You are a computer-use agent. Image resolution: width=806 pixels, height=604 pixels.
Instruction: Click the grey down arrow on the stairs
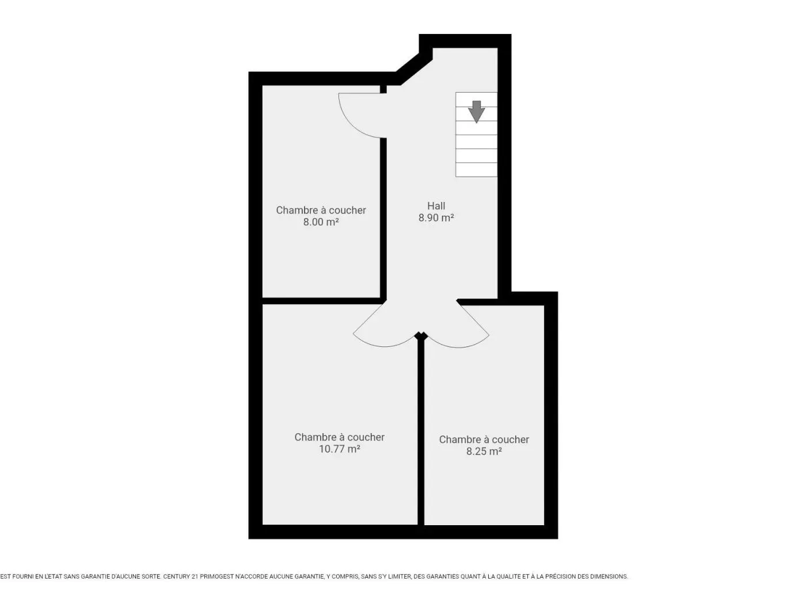click(476, 112)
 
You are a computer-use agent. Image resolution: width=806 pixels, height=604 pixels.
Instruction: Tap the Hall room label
click(436, 206)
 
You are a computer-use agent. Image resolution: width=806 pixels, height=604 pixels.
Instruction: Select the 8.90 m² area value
click(436, 218)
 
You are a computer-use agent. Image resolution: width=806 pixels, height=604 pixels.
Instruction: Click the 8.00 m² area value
click(321, 222)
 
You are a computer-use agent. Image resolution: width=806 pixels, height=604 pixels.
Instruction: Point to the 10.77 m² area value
click(339, 449)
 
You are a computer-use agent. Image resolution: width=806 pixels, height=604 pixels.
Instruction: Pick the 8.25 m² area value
click(484, 451)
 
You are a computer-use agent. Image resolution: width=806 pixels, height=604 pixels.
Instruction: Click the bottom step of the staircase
click(476, 170)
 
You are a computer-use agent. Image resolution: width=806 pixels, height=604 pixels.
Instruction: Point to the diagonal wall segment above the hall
click(414, 69)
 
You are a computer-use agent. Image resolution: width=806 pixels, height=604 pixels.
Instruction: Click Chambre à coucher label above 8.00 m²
click(321, 210)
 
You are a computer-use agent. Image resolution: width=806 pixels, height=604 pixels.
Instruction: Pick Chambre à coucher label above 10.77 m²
click(339, 437)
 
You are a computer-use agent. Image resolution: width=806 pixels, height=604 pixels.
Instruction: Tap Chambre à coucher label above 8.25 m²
click(484, 439)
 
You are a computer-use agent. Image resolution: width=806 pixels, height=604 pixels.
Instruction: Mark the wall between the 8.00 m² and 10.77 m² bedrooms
click(321, 301)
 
